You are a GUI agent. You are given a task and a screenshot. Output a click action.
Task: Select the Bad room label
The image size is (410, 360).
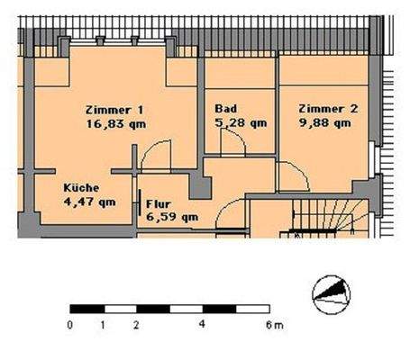point(226,109)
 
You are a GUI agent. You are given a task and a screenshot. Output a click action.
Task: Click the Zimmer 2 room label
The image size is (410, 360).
point(329,109)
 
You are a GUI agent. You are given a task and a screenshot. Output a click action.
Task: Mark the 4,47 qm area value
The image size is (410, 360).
point(88,201)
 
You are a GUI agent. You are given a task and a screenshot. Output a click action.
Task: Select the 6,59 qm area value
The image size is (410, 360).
point(171,216)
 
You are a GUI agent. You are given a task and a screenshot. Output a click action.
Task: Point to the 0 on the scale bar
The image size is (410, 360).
point(70,322)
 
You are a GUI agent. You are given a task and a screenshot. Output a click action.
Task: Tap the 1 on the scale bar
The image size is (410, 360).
point(104,322)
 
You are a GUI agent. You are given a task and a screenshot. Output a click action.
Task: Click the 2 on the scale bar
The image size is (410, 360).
point(136,322)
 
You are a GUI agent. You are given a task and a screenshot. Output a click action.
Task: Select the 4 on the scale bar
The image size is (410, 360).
point(203,322)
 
